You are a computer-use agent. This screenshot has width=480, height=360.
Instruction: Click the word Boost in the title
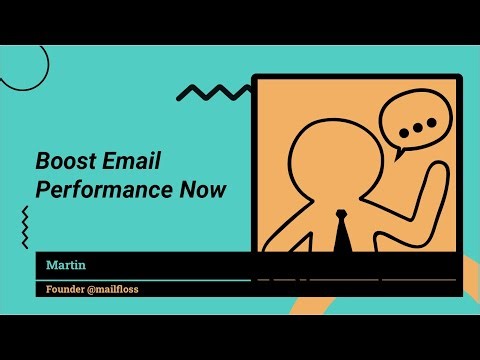click(x=64, y=161)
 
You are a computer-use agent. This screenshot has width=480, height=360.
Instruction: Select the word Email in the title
click(x=137, y=161)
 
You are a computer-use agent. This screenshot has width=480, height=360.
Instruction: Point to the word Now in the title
click(x=196, y=189)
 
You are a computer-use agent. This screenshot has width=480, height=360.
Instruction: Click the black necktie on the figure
click(x=340, y=232)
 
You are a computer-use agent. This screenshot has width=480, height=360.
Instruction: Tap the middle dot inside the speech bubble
click(x=417, y=126)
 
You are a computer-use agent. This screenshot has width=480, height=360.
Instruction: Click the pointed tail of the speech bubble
click(x=396, y=156)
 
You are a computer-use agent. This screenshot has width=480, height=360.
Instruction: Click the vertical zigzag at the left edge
click(x=24, y=227)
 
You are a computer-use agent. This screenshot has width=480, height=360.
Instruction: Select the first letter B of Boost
click(x=44, y=161)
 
